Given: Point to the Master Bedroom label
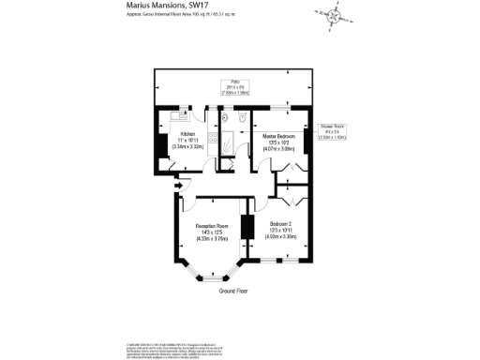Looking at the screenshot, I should click(279, 134).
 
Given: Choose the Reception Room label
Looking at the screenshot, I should click(212, 225).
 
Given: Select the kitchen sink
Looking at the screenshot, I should click(179, 119).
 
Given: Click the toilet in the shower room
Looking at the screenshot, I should click(242, 117).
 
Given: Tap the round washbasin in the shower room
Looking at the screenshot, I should click(226, 119).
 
